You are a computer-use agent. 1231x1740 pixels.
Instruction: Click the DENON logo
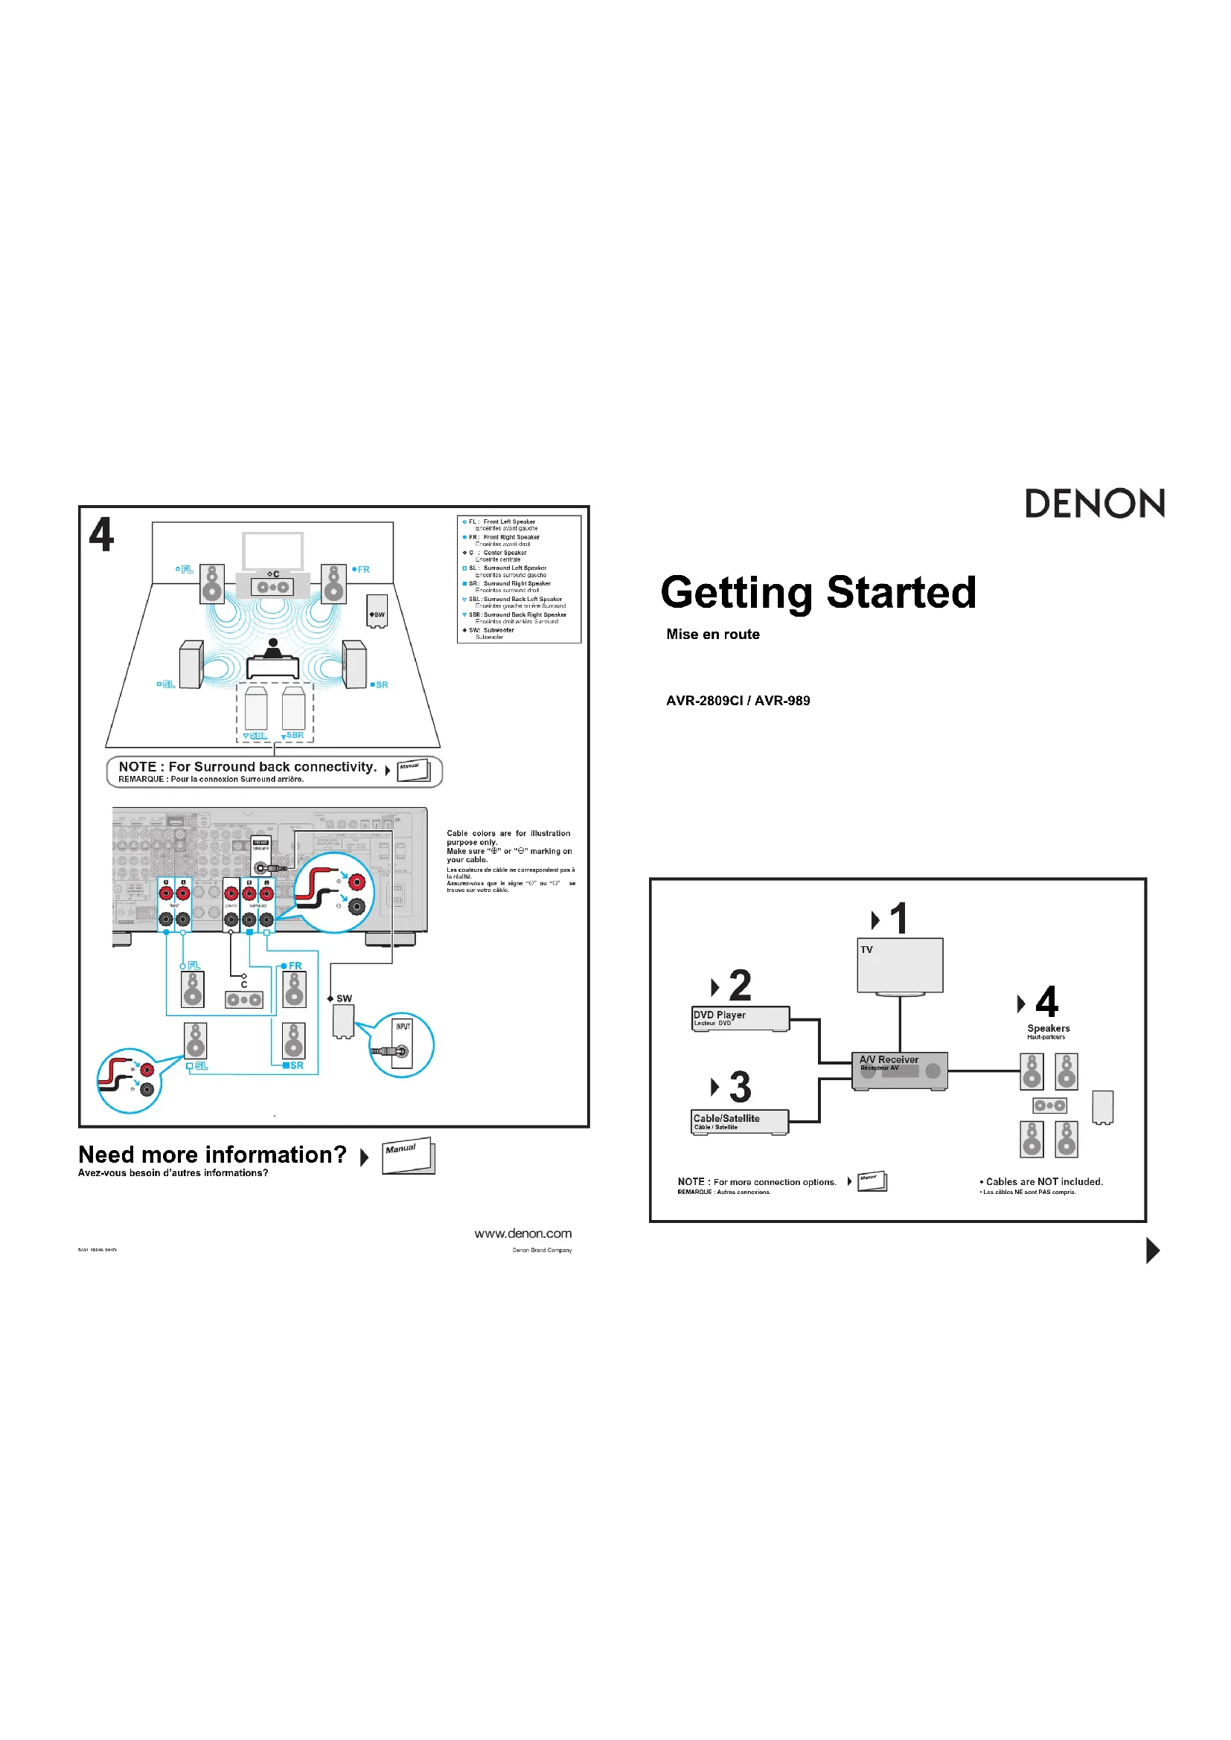tap(1094, 504)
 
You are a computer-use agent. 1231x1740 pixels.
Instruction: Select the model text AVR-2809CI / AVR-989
tap(738, 701)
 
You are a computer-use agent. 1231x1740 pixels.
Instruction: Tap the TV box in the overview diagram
tap(900, 965)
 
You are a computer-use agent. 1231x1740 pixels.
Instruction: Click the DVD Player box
tap(740, 1018)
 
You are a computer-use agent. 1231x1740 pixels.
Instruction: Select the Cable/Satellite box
tap(739, 1122)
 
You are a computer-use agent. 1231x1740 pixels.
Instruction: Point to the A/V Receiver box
tap(899, 1070)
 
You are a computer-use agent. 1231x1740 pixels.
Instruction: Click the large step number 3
tap(740, 1088)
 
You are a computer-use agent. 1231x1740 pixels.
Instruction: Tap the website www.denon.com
tap(523, 1233)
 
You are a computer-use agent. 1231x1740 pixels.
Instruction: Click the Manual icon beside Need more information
tap(408, 1157)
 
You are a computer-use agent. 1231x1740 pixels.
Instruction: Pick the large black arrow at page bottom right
tap(1152, 1251)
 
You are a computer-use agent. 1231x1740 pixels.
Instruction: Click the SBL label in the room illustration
tap(258, 736)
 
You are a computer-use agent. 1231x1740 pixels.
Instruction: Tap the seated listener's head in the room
tap(273, 643)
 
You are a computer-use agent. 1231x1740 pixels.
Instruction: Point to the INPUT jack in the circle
tap(401, 1051)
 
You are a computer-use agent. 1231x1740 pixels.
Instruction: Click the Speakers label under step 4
tap(1049, 1028)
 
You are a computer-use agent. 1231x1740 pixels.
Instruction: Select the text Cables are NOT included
tap(1043, 1181)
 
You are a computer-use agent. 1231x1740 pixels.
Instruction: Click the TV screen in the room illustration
tap(273, 550)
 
